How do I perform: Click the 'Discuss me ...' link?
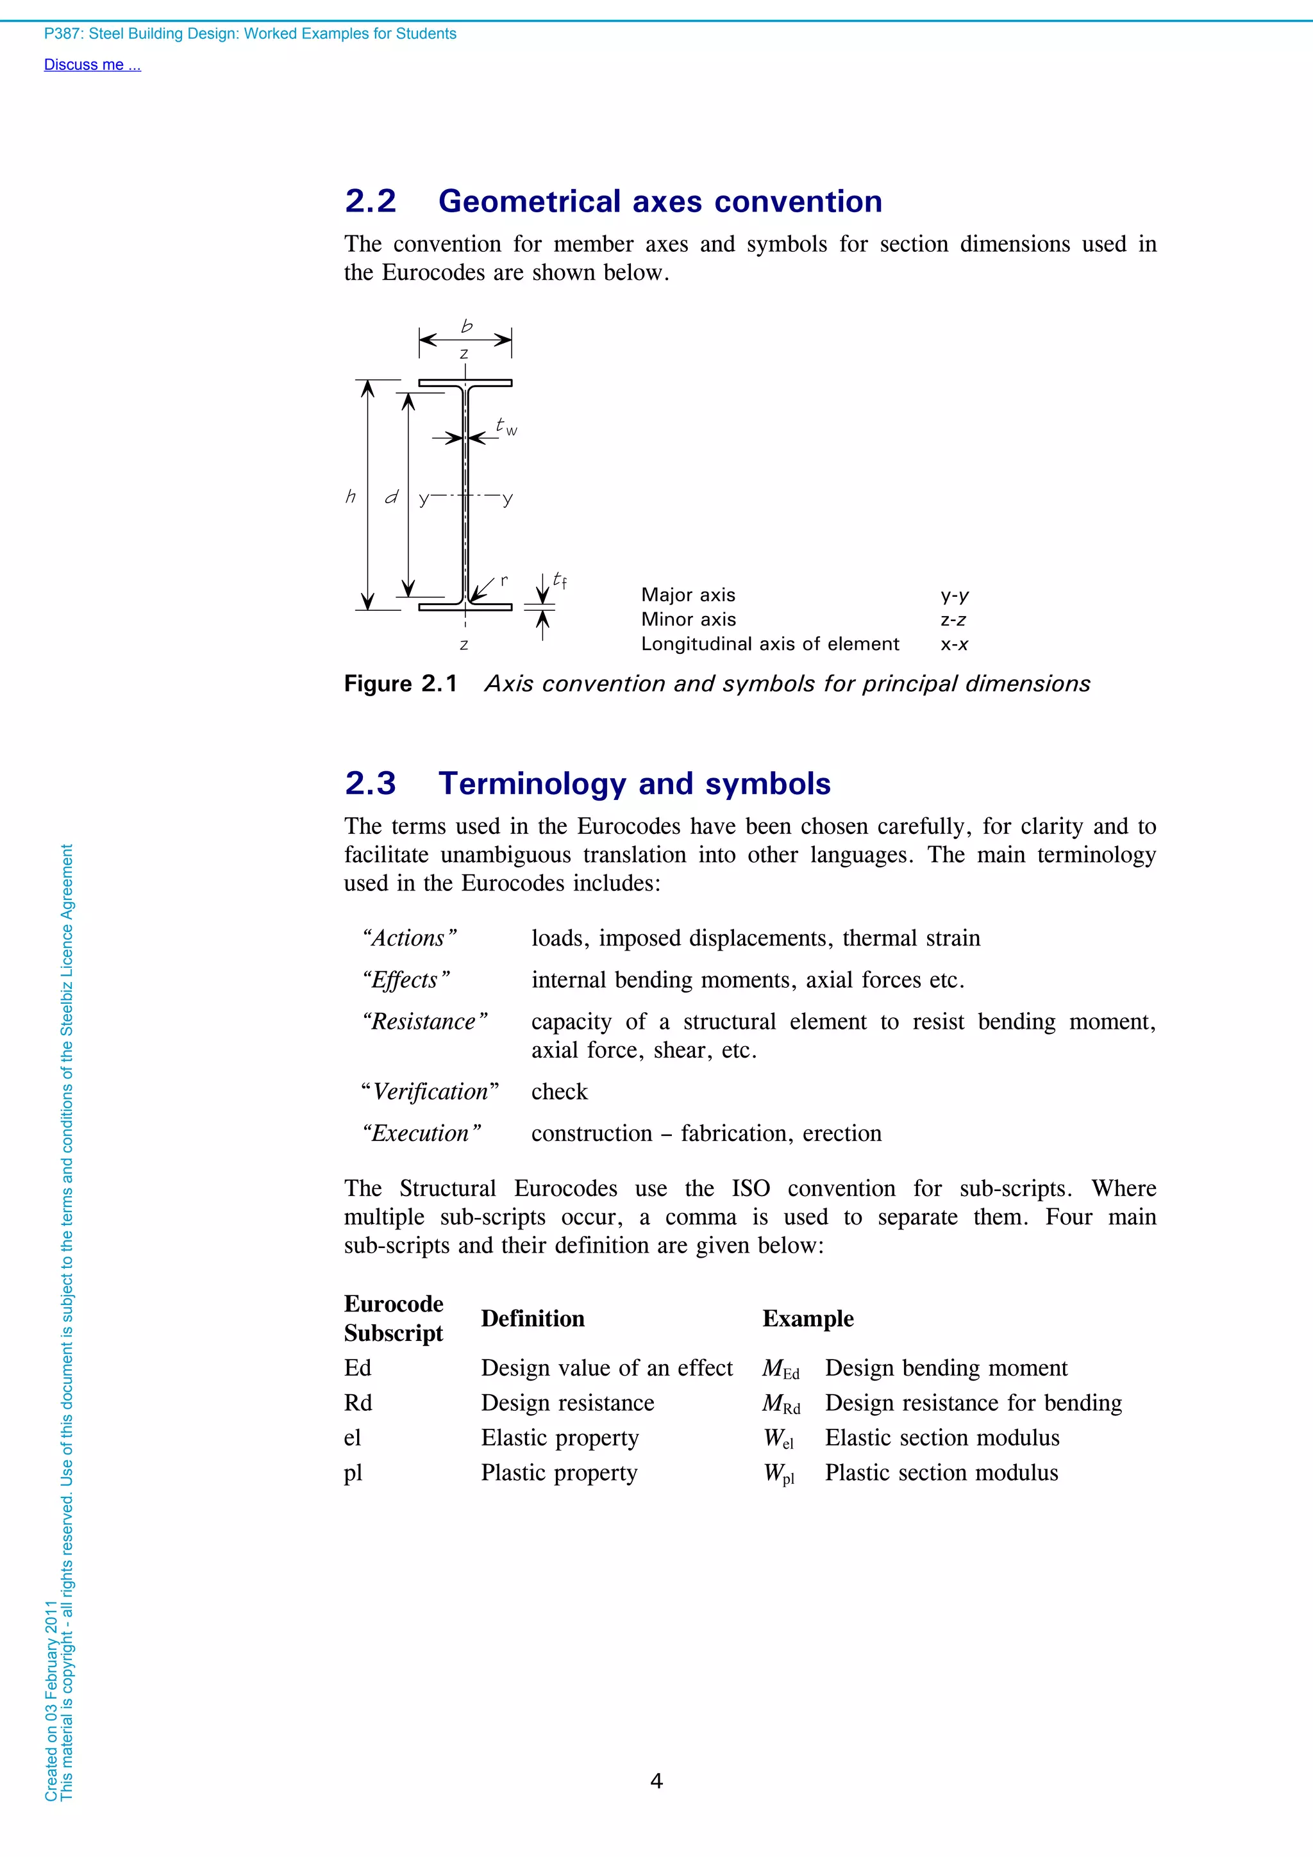(x=92, y=65)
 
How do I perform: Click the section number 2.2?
(x=371, y=201)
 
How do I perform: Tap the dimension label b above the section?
(x=467, y=326)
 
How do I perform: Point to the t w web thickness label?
(x=506, y=426)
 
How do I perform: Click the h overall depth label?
(x=350, y=497)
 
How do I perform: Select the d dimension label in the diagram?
(x=392, y=497)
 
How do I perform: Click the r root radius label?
(x=504, y=580)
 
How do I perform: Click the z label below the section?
(x=464, y=645)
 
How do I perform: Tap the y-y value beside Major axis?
(x=955, y=595)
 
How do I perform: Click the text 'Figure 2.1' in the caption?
(x=401, y=684)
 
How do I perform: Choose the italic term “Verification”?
(x=430, y=1092)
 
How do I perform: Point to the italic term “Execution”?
(x=421, y=1133)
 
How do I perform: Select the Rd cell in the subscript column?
(x=358, y=1403)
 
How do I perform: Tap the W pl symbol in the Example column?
(x=779, y=1474)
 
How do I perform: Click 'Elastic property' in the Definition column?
(x=560, y=1437)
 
